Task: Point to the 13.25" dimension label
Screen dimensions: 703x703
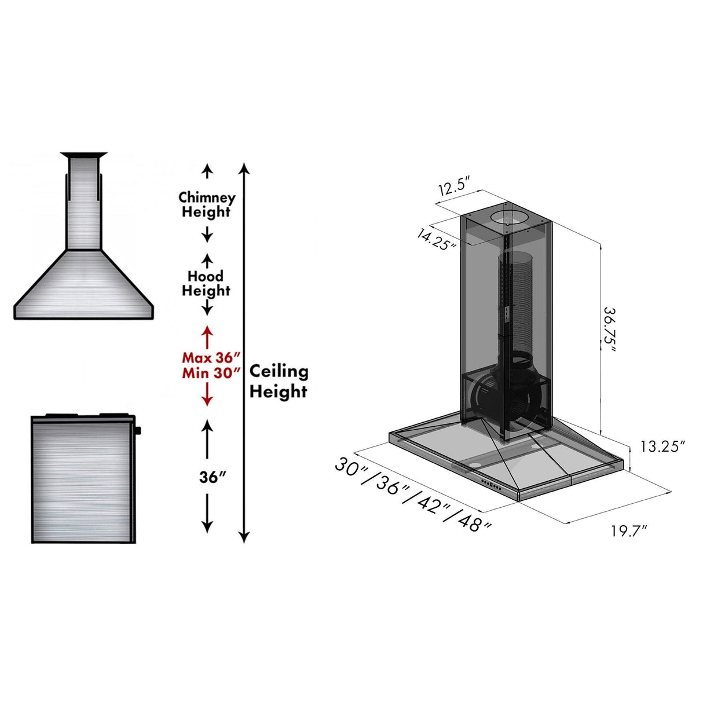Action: [x=663, y=446]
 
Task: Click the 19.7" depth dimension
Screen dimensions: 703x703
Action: [x=628, y=530]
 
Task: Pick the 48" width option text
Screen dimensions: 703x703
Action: [x=475, y=523]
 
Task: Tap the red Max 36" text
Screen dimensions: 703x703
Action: [x=211, y=357]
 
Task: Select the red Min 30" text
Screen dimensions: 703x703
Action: [x=211, y=373]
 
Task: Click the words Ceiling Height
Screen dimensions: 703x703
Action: [x=279, y=381]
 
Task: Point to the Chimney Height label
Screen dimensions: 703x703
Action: [x=207, y=204]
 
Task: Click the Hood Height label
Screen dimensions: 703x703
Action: [x=206, y=283]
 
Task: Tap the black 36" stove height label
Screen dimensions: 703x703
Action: [x=212, y=477]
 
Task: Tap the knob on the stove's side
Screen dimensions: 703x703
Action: [x=139, y=430]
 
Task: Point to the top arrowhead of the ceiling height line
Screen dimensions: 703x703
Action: [x=244, y=168]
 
